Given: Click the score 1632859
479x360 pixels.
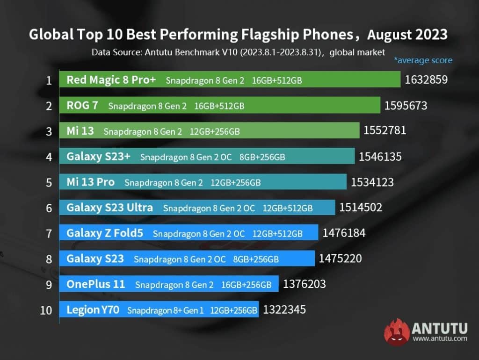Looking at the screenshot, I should pos(426,80).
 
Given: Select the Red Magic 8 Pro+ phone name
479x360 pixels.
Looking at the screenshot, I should pos(111,80).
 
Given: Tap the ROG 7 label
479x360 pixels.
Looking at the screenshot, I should pos(82,106).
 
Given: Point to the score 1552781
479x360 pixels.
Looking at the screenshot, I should pos(385,131).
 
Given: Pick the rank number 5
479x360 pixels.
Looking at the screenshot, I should pos(49,182).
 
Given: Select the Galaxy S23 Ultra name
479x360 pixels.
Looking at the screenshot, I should pos(109,207).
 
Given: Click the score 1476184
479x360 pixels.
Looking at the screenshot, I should pos(344,233).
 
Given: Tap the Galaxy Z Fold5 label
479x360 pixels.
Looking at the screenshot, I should pos(105,233).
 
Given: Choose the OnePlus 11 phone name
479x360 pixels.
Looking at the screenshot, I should pos(96,284).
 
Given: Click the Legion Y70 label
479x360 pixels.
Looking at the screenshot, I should pos(93,310).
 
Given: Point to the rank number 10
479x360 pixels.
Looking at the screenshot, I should pos(46,310).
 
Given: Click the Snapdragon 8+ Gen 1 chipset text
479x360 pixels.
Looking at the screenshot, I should pos(166,310).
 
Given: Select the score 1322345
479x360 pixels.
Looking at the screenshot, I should pos(284,310).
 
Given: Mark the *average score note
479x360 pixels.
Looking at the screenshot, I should pos(423,60).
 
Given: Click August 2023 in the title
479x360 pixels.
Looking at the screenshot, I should pos(407,35).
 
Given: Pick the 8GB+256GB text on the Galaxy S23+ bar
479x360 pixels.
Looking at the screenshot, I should pos(262,157).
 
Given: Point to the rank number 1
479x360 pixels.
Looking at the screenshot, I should pos(49,80).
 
